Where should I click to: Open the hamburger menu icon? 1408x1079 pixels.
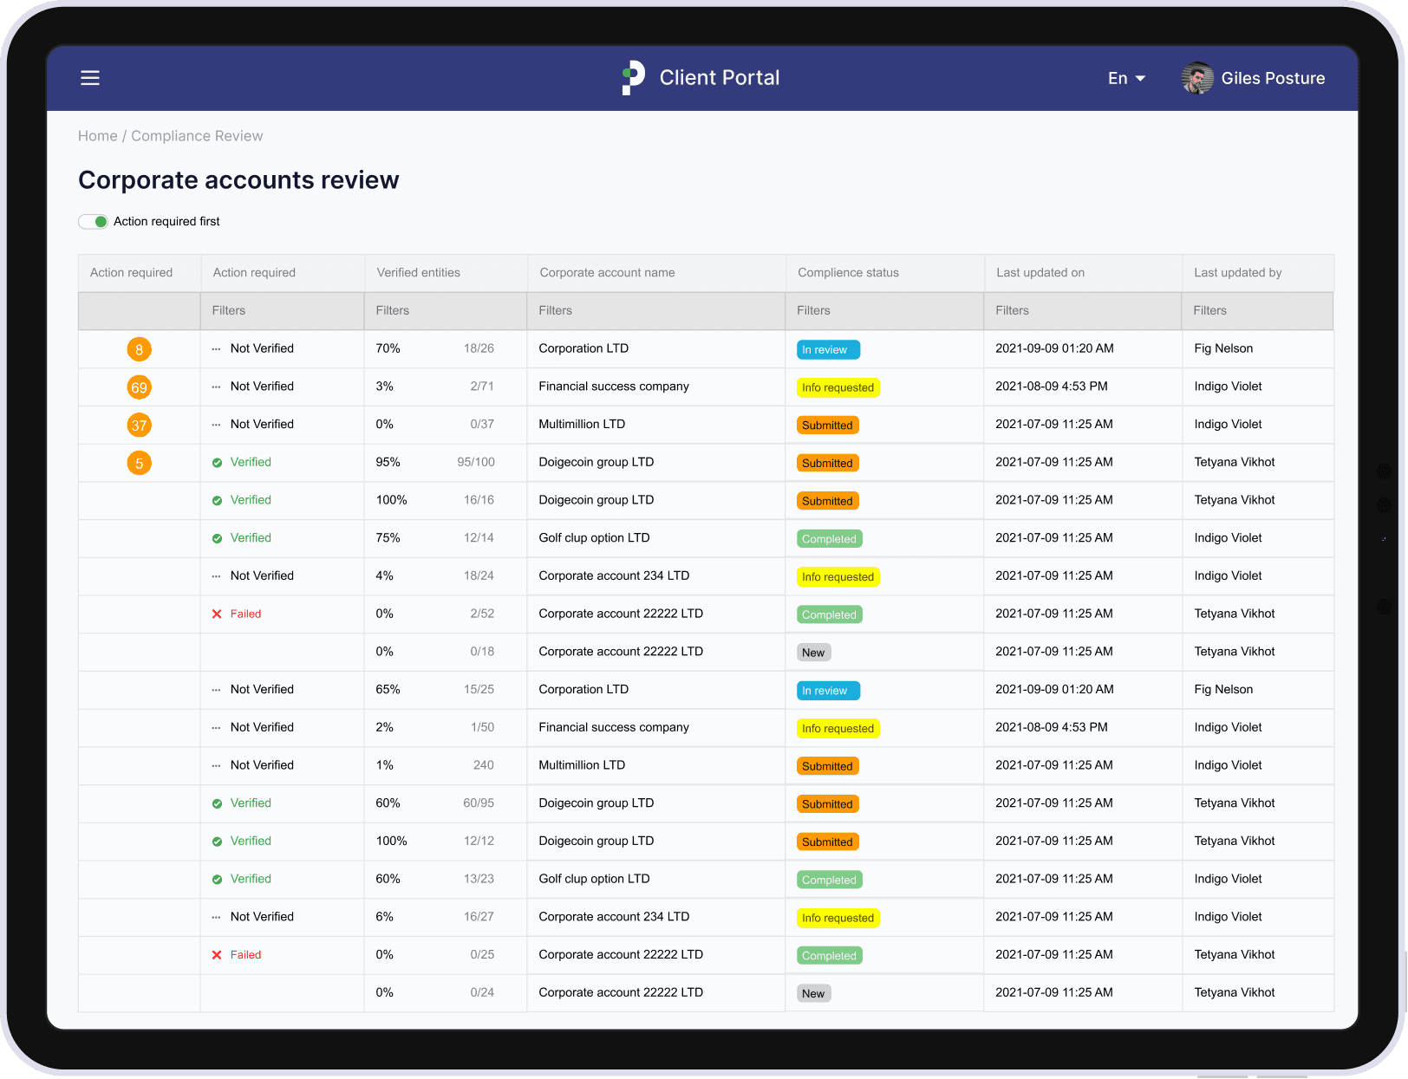(x=90, y=78)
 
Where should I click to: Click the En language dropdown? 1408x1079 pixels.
(x=1126, y=78)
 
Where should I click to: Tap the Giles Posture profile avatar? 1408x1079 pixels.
(x=1197, y=78)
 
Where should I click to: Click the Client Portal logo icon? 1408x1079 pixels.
(x=634, y=77)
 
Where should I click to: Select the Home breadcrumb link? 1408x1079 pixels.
(x=97, y=136)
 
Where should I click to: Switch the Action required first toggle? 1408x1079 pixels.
(x=94, y=222)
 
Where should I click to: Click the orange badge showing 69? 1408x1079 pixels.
(x=139, y=387)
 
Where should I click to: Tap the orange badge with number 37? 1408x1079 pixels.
(x=139, y=426)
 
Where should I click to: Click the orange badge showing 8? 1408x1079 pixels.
(x=139, y=349)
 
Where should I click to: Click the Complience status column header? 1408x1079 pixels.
(x=848, y=272)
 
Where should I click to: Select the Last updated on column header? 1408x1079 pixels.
(x=1040, y=272)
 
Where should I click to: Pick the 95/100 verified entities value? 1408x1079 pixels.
(x=476, y=462)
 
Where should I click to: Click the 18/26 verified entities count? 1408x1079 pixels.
(x=479, y=348)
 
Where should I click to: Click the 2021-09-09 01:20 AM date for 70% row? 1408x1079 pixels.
(x=1054, y=348)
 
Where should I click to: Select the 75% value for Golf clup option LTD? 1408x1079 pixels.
(x=388, y=537)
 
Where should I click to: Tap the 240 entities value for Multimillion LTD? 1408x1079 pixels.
(x=483, y=765)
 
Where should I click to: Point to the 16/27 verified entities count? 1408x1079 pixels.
(x=479, y=917)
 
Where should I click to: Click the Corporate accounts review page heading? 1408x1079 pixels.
(x=238, y=179)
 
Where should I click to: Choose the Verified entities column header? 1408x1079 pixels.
(x=418, y=272)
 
